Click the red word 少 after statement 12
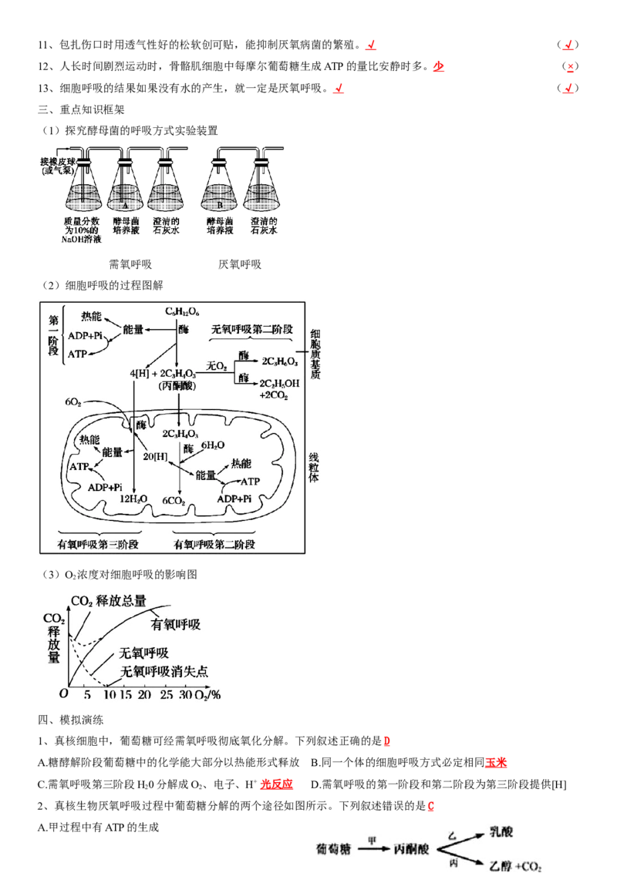tap(439, 66)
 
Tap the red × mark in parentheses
tap(570, 66)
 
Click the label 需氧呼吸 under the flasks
tap(130, 264)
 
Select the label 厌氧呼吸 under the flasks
tap(240, 264)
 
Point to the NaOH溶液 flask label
tap(82, 230)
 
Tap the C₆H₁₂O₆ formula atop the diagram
tap(182, 311)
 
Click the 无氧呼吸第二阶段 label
tap(252, 329)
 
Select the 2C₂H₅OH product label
tap(279, 384)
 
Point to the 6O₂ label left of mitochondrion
tap(73, 402)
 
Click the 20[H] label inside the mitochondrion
tap(155, 457)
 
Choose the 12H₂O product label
tap(133, 499)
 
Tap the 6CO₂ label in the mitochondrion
tap(174, 501)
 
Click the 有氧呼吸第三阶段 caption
tap(98, 544)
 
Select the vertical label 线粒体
tap(314, 468)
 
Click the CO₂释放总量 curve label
tap(109, 601)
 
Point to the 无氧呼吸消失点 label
tap(164, 671)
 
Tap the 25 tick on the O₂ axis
tap(166, 695)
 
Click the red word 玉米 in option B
tap(496, 763)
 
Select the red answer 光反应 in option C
tap(276, 784)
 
